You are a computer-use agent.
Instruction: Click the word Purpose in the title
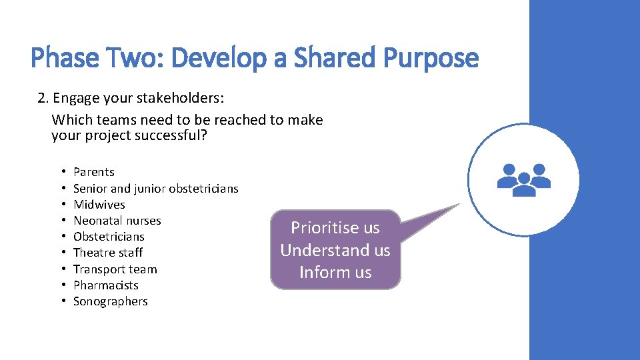click(431, 59)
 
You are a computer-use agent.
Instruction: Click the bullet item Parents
click(94, 172)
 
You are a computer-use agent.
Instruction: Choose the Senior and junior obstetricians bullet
click(155, 189)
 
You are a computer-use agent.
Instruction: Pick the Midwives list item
click(99, 205)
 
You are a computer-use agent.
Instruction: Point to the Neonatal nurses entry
click(117, 221)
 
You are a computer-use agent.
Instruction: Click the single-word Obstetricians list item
click(109, 237)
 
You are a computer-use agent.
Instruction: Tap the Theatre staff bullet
click(108, 253)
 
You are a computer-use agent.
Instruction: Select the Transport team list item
click(115, 269)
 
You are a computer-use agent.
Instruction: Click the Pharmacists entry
click(106, 285)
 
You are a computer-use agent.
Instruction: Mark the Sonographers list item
click(111, 301)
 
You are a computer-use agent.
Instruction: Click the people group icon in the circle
click(523, 179)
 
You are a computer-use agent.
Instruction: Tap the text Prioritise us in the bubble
click(335, 228)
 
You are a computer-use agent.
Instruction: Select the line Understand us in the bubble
click(335, 251)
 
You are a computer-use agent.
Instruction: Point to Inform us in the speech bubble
click(335, 273)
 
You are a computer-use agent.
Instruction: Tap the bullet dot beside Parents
click(61, 172)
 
